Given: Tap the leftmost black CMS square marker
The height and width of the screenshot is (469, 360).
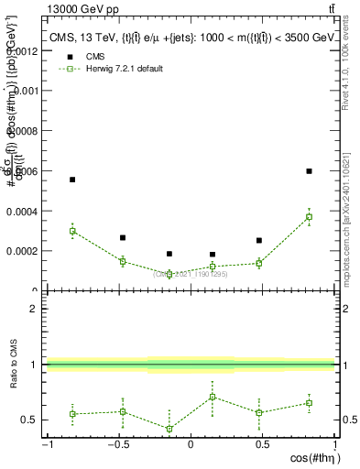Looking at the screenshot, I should click(x=72, y=180).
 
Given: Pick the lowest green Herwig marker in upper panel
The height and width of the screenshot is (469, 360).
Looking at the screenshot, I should click(x=169, y=274).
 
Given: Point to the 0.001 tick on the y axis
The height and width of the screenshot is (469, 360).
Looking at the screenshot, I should click(x=23, y=91).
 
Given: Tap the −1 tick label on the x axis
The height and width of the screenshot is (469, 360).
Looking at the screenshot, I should click(x=46, y=445).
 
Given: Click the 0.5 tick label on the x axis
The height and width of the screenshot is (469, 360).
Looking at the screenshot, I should click(x=263, y=445).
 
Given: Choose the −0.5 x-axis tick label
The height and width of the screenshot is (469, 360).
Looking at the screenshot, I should click(x=117, y=445).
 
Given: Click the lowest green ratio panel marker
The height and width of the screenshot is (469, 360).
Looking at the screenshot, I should click(x=169, y=429).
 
